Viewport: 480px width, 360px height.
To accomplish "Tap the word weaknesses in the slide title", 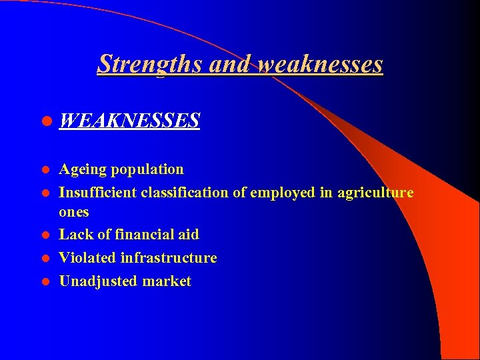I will pyautogui.click(x=320, y=64).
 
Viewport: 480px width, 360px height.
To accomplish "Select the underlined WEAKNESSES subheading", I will pyautogui.click(x=129, y=121).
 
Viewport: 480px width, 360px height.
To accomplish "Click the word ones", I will pyautogui.click(x=73, y=213).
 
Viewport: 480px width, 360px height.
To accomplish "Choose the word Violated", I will pyautogui.click(x=87, y=257).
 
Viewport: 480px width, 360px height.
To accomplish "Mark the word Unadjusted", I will pyautogui.click(x=96, y=281).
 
